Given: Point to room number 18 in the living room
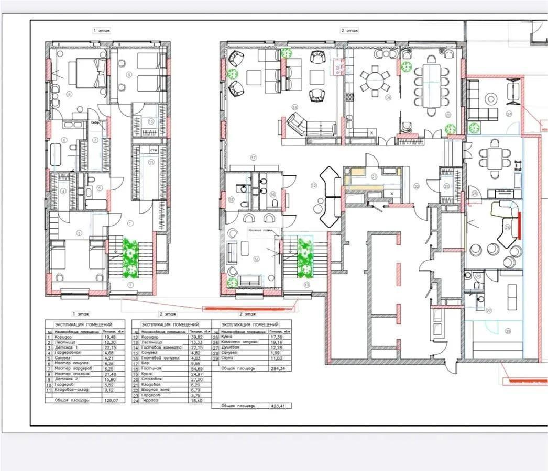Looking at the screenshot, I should tap(294, 107).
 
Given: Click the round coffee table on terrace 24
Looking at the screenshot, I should tap(491, 98).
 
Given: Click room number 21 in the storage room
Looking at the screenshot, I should tap(374, 176).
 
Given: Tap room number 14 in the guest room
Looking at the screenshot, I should tap(256, 259).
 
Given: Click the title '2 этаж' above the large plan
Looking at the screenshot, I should tap(349, 31).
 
